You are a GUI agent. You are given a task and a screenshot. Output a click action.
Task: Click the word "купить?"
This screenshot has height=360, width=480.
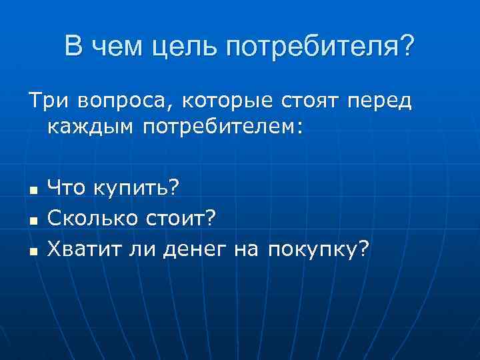click(135, 189)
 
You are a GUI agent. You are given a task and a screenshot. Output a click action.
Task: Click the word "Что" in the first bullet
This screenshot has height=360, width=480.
click(67, 189)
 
